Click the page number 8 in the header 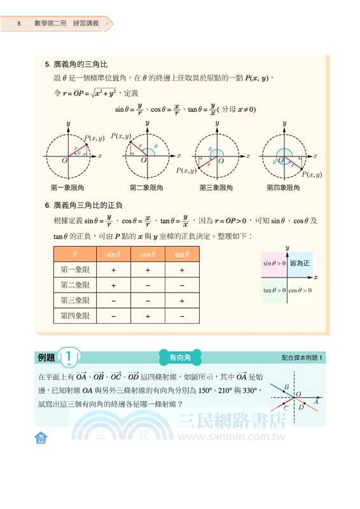tap(20, 24)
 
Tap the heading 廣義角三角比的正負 tap(88, 206)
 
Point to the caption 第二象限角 tap(146, 188)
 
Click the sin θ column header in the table tap(113, 254)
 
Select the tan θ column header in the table tap(182, 254)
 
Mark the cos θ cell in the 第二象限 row tap(148, 285)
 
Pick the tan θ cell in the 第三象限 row tap(182, 300)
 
